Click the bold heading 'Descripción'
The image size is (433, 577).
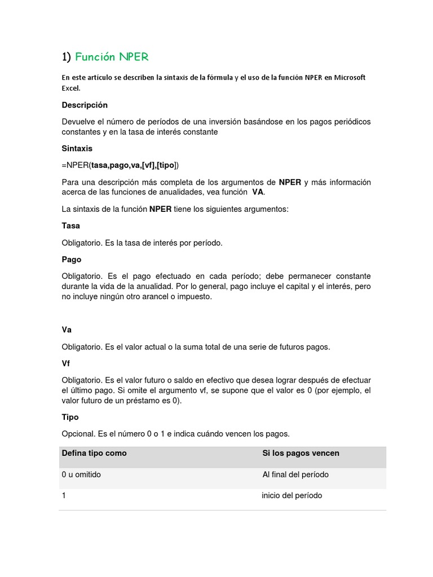tap(85, 105)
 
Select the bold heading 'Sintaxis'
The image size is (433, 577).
tap(77, 149)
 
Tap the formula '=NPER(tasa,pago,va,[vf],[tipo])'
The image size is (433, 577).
tap(120, 165)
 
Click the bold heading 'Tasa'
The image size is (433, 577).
tap(71, 225)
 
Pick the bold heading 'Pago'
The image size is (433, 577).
tap(72, 259)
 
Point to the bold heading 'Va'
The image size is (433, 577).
tap(67, 330)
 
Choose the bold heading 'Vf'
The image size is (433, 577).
tap(66, 363)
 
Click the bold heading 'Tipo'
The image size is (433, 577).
tap(70, 417)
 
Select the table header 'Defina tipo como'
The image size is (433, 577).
tap(94, 453)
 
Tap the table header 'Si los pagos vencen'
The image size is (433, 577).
tap(301, 453)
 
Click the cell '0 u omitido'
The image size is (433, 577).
tap(81, 474)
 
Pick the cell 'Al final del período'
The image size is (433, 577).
tap(295, 474)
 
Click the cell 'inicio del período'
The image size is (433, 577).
tap(292, 495)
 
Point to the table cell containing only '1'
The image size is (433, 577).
tap(64, 495)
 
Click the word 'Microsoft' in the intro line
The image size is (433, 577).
tap(350, 77)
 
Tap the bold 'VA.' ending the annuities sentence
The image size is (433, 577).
tap(258, 192)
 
